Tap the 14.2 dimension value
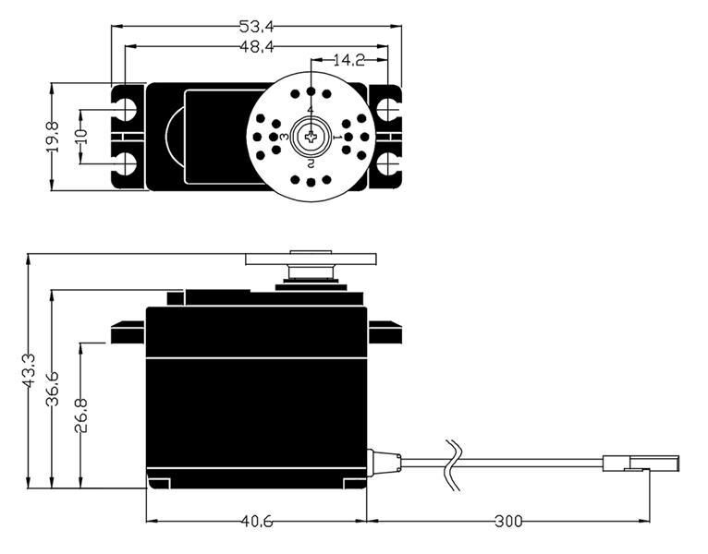point(348,61)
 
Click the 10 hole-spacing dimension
point(81,137)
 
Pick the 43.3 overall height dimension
point(29,370)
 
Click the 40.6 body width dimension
point(256,522)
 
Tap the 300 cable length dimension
point(507,522)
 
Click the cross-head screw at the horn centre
point(311,137)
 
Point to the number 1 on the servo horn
point(336,137)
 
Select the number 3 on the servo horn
point(285,137)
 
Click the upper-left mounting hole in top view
point(125,109)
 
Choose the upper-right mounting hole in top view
point(386,109)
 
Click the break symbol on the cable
point(453,462)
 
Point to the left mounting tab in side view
point(127,331)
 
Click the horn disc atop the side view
point(311,259)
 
